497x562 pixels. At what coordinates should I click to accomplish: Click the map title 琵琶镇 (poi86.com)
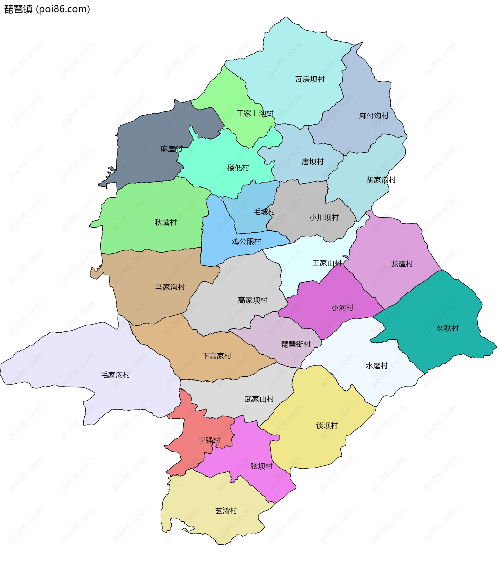(47, 9)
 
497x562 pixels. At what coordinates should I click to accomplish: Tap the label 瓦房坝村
(310, 79)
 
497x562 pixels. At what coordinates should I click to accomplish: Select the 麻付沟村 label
(374, 116)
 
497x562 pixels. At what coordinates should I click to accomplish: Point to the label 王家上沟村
(255, 113)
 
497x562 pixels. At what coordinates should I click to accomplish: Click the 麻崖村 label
(171, 149)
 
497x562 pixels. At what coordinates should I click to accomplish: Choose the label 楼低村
(238, 168)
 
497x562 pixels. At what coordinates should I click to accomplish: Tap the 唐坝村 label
(312, 162)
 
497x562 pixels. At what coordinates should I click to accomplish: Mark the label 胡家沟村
(381, 180)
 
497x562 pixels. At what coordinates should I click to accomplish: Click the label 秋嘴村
(165, 222)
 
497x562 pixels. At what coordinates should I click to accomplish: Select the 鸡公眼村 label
(246, 242)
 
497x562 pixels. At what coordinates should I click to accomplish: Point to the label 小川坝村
(324, 218)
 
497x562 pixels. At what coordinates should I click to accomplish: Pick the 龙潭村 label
(402, 264)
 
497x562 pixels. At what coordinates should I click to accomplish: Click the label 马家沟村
(170, 287)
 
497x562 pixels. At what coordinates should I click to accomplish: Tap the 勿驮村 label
(448, 328)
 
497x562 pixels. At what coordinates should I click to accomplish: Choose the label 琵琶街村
(296, 344)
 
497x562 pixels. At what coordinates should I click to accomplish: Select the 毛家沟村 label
(115, 375)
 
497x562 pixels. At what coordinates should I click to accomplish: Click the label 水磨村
(377, 366)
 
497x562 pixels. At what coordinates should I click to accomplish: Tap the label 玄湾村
(226, 511)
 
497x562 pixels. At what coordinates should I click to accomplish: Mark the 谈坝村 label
(327, 426)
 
